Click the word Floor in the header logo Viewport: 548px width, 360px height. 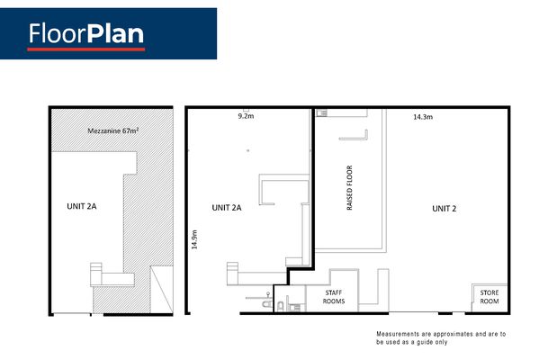(58, 33)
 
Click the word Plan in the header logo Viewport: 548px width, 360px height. (115, 33)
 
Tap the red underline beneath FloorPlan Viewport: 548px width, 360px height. (86, 49)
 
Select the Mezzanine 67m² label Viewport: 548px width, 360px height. (112, 130)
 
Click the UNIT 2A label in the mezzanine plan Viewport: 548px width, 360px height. (81, 206)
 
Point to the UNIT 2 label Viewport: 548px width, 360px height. (445, 209)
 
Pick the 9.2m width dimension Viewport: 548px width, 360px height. (246, 116)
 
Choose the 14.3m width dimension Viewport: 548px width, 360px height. (423, 117)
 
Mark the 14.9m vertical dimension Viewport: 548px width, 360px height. (194, 239)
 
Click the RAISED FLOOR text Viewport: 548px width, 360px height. (349, 188)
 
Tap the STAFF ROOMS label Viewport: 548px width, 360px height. (334, 297)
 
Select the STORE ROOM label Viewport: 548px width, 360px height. (490, 297)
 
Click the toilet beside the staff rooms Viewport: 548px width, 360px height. (280, 306)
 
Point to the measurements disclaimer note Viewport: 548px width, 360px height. (441, 338)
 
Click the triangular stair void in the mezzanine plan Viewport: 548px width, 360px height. (162, 290)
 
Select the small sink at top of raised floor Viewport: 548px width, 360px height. (322, 112)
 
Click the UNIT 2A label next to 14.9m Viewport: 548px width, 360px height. (227, 208)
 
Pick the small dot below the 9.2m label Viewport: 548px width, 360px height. (248, 150)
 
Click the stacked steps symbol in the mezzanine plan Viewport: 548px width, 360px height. (96, 274)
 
